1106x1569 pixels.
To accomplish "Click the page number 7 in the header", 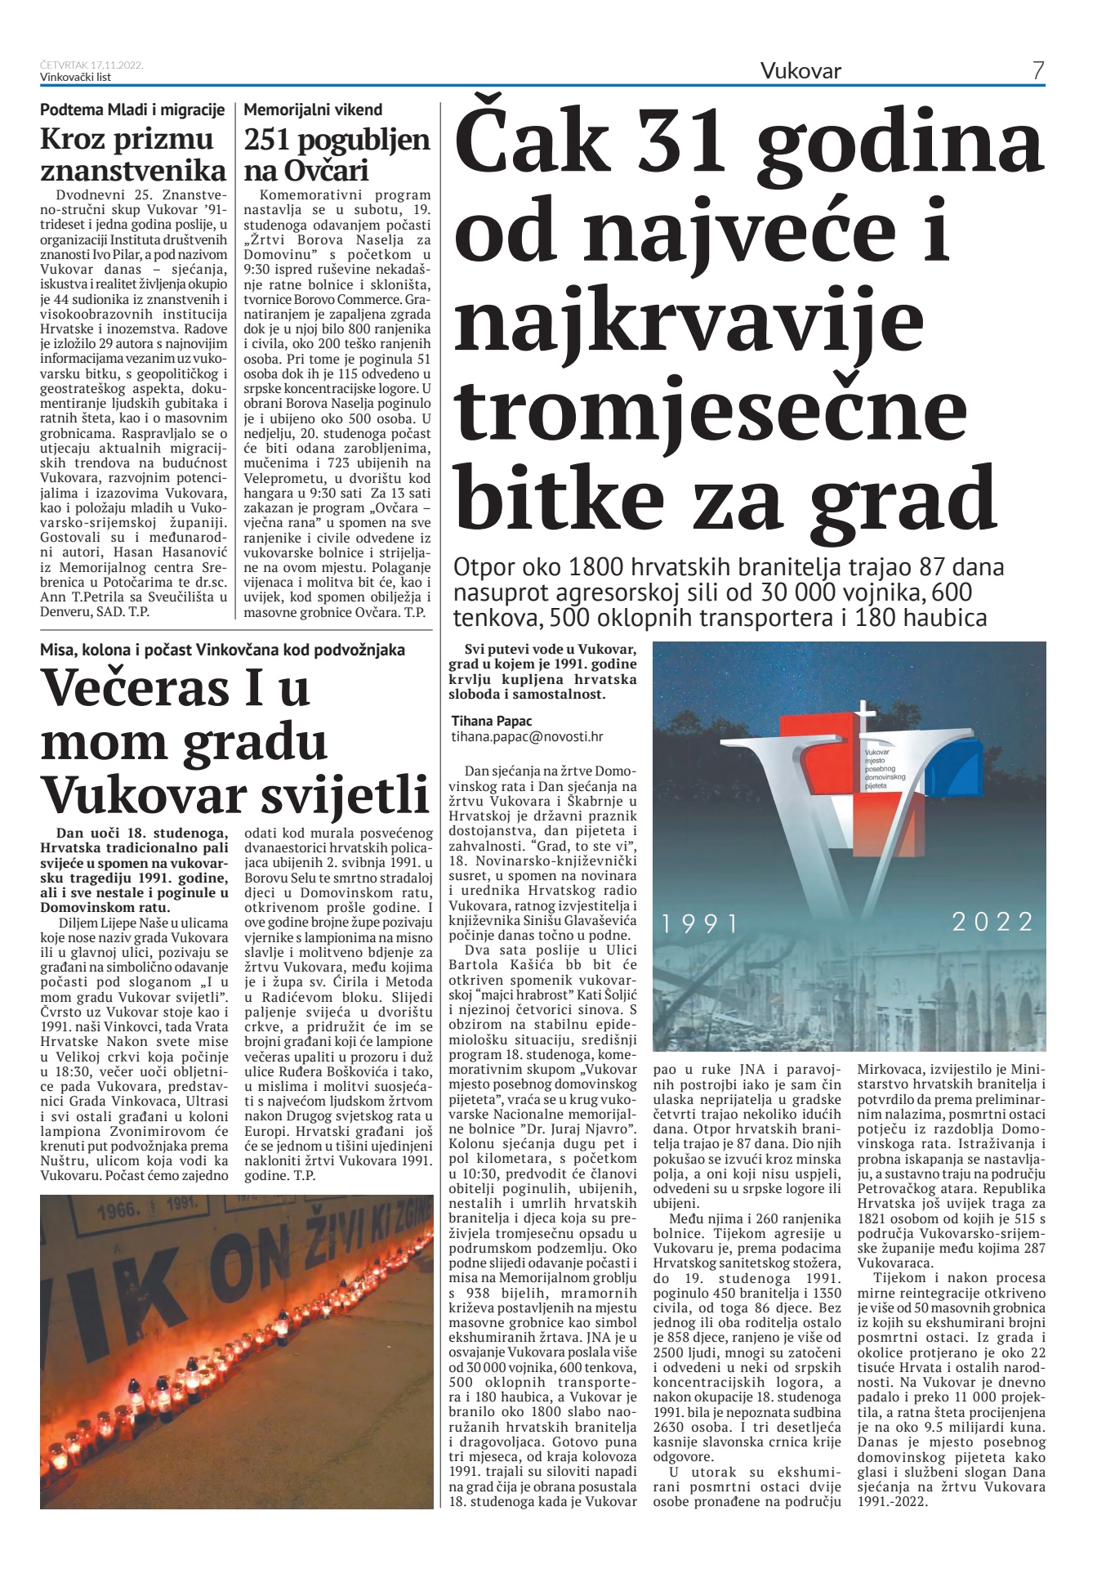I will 1037,71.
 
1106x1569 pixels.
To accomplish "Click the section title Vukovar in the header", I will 801,71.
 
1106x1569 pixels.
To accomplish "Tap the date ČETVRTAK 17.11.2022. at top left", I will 91,65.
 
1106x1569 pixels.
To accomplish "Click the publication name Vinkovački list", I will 75,77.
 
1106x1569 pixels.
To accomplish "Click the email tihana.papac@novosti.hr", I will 527,736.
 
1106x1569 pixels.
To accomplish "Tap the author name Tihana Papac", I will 492,721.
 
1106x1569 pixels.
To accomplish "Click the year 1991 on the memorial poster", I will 700,924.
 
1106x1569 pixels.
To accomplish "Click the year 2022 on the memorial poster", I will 992,922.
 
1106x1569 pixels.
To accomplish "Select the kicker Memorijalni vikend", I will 313,110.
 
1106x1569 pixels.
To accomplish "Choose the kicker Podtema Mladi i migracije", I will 132,110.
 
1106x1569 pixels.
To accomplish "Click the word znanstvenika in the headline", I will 133,170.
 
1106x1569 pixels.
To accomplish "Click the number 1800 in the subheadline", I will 595,567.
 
